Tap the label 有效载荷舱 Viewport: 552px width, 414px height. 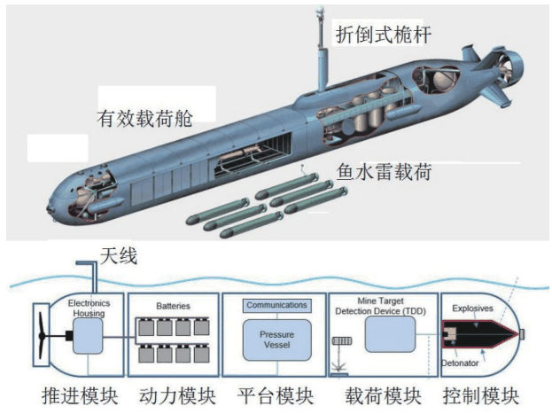(145, 114)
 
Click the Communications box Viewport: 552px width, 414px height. (276, 306)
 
